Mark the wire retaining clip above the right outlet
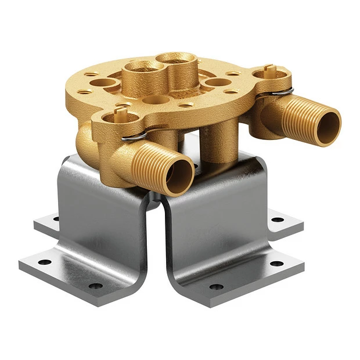pos(283,89)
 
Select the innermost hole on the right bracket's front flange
pos(217,286)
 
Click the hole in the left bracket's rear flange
pos(56,218)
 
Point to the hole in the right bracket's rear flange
pos(278,219)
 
